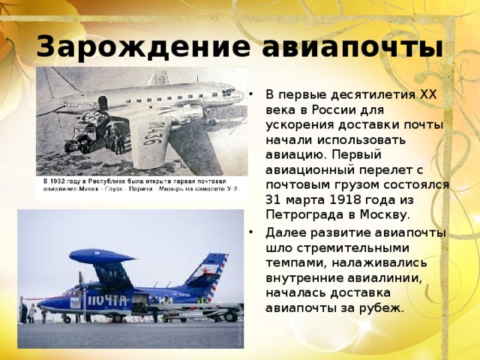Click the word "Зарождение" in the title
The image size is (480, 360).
(x=143, y=46)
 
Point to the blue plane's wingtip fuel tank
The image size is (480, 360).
(x=102, y=256)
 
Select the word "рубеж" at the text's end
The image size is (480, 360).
(x=384, y=307)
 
